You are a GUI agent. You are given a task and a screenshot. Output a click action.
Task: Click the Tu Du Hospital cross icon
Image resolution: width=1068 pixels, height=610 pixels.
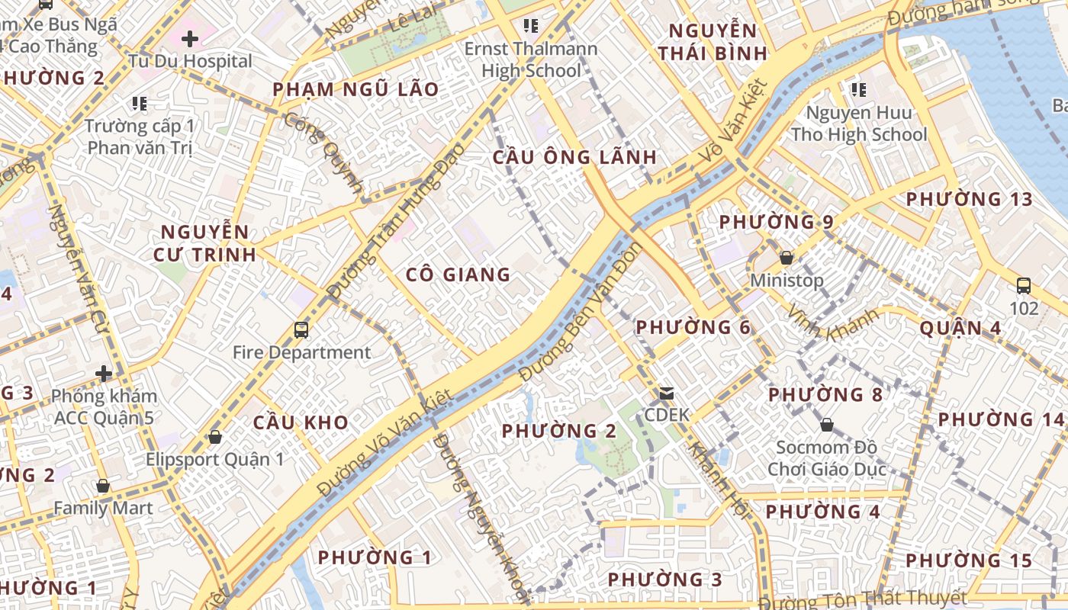tap(190, 38)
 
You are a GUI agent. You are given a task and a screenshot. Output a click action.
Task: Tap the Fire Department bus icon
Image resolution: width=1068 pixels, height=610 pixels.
tap(301, 330)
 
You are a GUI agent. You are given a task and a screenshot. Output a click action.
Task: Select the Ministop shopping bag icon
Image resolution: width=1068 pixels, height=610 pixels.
tap(787, 258)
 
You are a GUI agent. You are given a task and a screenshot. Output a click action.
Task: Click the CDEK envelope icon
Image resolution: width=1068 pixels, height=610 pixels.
tap(667, 393)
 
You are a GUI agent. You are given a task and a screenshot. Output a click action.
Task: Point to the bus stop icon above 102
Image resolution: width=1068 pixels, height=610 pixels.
tap(1024, 286)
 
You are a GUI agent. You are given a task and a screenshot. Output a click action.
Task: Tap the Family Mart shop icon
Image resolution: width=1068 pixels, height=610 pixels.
tap(102, 486)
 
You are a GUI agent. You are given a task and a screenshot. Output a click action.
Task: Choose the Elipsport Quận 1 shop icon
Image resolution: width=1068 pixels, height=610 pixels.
tap(215, 437)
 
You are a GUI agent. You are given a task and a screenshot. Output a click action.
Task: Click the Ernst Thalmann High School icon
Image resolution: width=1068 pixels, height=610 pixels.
tap(531, 27)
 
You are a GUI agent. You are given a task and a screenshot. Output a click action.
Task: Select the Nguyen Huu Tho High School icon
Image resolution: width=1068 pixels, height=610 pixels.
tap(859, 90)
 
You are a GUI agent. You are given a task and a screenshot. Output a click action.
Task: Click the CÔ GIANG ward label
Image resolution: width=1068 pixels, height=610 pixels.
tap(458, 274)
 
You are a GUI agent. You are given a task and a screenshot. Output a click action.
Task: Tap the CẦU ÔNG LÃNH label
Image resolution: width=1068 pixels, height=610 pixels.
tap(574, 158)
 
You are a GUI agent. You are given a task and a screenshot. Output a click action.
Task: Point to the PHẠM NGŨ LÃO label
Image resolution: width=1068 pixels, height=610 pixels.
tap(355, 90)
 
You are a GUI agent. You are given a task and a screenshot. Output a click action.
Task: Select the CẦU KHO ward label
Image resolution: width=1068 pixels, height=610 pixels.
tap(301, 422)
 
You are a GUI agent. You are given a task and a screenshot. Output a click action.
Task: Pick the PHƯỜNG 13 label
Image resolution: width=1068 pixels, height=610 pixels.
tap(969, 200)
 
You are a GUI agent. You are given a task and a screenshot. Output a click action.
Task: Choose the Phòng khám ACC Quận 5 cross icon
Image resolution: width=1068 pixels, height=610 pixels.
tap(104, 374)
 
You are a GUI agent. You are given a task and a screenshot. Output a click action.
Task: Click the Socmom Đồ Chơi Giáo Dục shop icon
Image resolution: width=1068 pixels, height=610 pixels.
tap(827, 425)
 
